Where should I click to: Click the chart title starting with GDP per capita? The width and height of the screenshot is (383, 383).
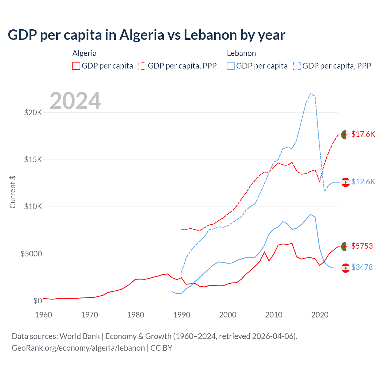click(146, 35)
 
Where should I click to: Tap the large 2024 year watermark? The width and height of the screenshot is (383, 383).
click(75, 101)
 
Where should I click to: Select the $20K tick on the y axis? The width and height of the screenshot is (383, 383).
click(33, 113)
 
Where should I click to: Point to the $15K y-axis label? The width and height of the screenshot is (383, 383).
click(33, 159)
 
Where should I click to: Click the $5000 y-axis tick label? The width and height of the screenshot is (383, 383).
click(31, 254)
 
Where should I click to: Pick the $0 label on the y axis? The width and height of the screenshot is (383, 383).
click(37, 301)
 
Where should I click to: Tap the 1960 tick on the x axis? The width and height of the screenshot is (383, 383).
click(44, 315)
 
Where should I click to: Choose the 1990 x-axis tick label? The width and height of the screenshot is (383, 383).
click(182, 315)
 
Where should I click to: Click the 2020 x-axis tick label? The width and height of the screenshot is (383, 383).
click(320, 315)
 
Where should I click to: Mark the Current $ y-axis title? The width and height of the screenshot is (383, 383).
click(13, 192)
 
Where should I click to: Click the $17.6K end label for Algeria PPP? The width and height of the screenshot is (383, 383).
click(363, 134)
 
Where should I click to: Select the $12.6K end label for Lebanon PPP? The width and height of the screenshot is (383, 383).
click(363, 182)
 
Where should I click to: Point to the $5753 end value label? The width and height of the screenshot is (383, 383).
click(362, 246)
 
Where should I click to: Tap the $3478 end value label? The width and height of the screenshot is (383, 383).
click(362, 267)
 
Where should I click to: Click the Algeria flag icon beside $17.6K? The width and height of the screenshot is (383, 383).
click(345, 135)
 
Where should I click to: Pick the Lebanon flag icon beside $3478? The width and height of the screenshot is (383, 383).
click(346, 268)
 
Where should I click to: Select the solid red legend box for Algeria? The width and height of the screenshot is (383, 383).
click(76, 66)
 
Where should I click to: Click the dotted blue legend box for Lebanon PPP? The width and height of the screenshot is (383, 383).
click(297, 66)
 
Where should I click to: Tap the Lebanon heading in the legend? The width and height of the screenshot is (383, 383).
click(241, 53)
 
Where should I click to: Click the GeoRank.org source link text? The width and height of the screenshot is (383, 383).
click(78, 348)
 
